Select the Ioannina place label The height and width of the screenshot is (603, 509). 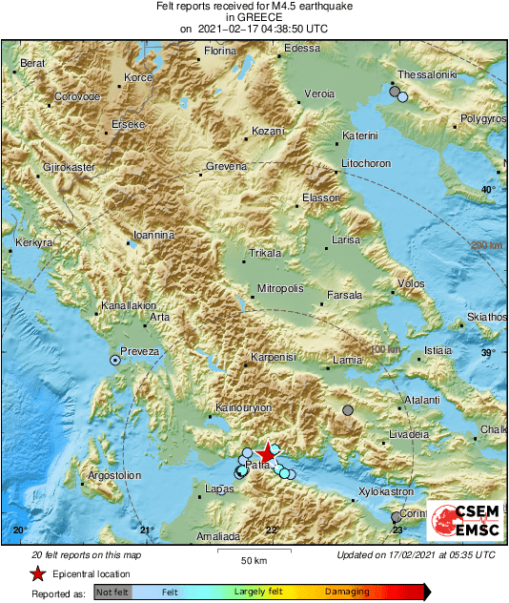tap(153, 234)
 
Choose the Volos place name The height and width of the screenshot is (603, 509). tap(411, 283)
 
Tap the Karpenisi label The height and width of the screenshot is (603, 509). tap(274, 358)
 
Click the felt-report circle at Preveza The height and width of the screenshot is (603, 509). tap(115, 361)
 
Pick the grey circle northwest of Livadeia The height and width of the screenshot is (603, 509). tap(348, 411)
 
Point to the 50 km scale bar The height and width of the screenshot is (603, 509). tap(253, 552)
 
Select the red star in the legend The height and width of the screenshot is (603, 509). tap(37, 574)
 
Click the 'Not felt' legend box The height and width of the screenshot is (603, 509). tap(112, 593)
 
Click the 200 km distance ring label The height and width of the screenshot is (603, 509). tap(486, 246)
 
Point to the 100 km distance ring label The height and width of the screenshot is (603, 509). tap(385, 349)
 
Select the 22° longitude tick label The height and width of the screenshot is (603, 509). tap(273, 530)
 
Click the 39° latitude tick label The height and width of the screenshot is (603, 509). tap(488, 354)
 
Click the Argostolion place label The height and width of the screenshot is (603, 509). tap(114, 475)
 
